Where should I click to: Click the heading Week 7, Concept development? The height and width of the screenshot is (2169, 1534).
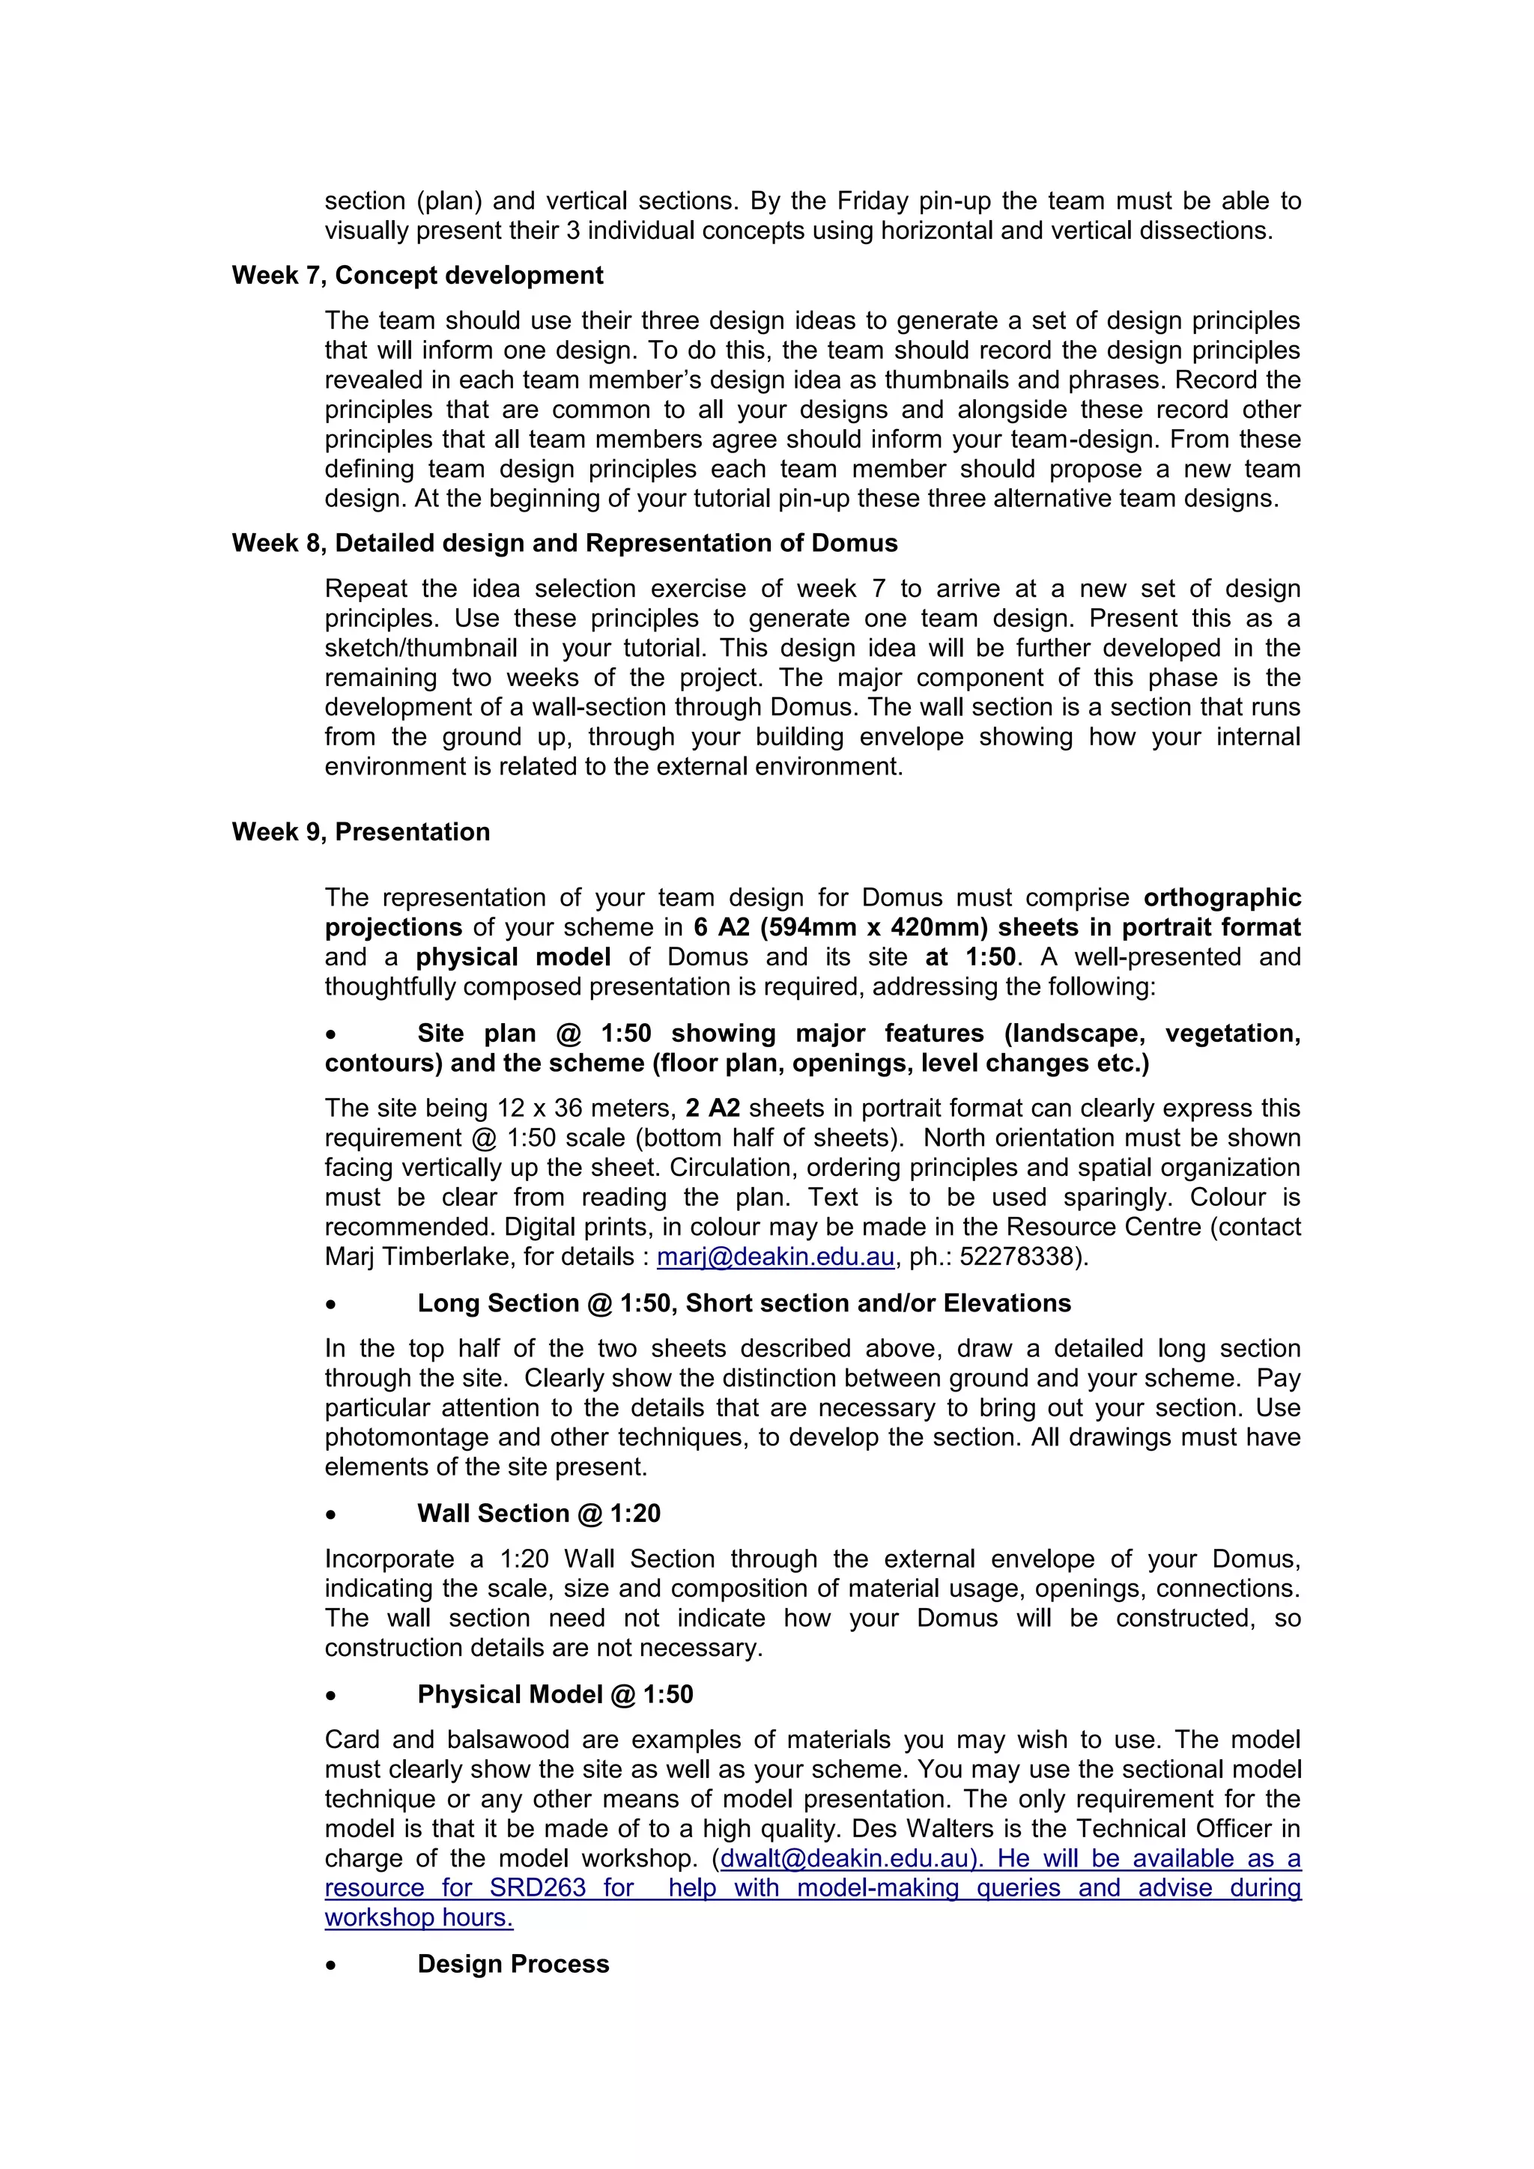pyautogui.click(x=416, y=275)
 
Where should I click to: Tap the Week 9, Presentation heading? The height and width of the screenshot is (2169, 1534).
pyautogui.click(x=361, y=831)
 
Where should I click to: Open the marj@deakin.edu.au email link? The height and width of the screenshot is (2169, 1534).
pyautogui.click(x=774, y=1257)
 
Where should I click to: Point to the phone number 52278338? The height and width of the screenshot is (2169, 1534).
pyautogui.click(x=1020, y=1257)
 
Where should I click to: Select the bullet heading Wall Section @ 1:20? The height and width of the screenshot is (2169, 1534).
pyautogui.click(x=539, y=1514)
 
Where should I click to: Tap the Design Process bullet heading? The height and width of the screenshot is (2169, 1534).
pyautogui.click(x=513, y=1964)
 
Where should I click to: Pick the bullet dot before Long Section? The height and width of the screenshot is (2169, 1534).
pyautogui.click(x=330, y=1305)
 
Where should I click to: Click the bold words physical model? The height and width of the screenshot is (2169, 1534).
pyautogui.click(x=513, y=957)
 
